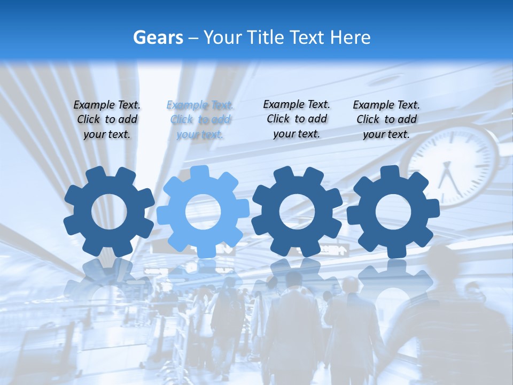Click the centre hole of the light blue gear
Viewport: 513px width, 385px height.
(203, 212)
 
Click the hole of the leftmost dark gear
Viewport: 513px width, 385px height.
(109, 212)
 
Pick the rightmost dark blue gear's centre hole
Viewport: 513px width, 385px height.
(393, 212)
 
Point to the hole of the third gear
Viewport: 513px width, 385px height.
(297, 212)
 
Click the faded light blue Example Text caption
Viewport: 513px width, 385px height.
(200, 120)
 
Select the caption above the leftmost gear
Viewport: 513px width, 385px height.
(107, 119)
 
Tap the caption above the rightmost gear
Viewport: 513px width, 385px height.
(386, 119)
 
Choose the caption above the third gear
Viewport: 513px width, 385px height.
(297, 119)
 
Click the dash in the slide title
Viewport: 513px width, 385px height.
(194, 38)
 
